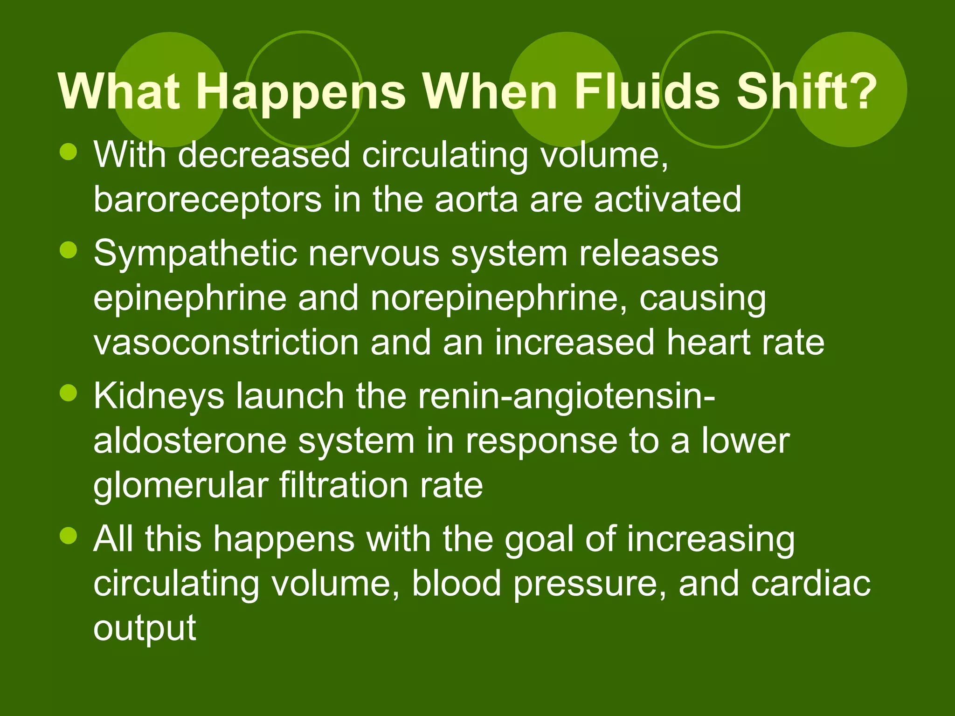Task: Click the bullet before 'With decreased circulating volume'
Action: pos(69,152)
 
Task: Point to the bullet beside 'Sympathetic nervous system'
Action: pos(69,250)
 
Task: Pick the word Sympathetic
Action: pos(195,255)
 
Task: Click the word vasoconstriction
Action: pos(226,343)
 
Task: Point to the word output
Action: pos(145,629)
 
